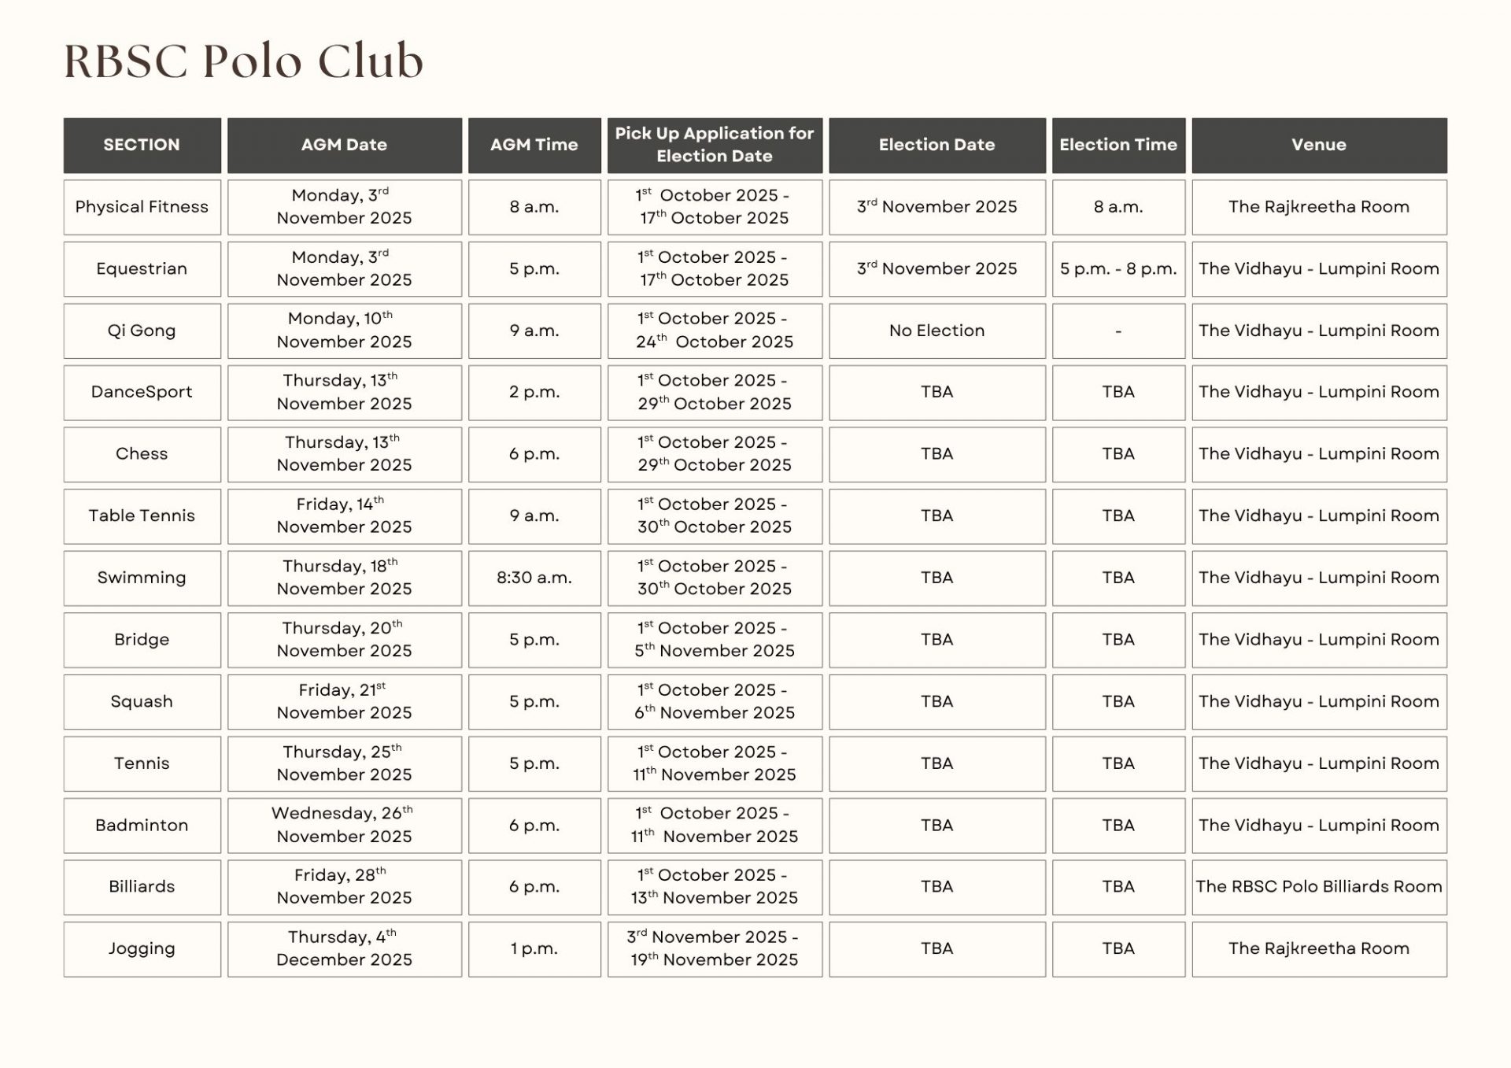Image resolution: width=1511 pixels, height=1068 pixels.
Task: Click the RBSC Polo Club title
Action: (243, 61)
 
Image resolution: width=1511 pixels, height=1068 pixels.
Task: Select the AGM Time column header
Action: (534, 145)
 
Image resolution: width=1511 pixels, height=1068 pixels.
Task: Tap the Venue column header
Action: (1318, 145)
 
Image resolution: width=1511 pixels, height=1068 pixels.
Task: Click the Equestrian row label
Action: (142, 268)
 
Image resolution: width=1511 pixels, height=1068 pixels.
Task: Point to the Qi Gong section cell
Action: (142, 331)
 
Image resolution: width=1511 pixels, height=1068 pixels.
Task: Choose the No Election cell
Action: (937, 331)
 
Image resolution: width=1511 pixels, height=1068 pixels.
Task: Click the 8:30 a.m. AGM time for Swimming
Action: (534, 578)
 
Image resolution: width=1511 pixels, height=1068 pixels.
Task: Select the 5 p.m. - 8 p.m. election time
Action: (1118, 268)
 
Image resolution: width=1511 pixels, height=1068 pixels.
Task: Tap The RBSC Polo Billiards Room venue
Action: (1318, 886)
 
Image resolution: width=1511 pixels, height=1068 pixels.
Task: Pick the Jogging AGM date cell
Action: (344, 948)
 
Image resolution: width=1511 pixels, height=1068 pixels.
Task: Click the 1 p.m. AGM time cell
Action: (534, 948)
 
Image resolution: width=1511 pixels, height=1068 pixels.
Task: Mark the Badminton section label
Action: (142, 825)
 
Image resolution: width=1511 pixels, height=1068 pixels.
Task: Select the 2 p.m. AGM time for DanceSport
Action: (534, 392)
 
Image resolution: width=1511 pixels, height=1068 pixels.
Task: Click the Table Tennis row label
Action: (142, 516)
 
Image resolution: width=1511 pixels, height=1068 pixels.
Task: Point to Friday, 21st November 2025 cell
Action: (344, 701)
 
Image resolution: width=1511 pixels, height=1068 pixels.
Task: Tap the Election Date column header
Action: (937, 145)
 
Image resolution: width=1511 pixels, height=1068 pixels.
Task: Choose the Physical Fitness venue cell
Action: (1318, 207)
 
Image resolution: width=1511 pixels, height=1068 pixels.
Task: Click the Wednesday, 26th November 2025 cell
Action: (344, 825)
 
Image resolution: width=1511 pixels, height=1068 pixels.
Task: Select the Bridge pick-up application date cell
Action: (714, 639)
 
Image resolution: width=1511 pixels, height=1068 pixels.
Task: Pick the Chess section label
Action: (142, 454)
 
